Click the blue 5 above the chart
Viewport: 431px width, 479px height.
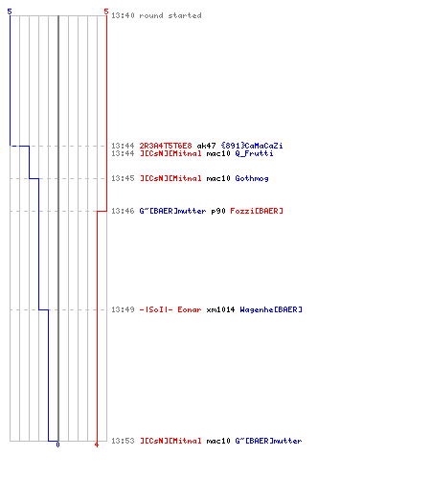pos(10,11)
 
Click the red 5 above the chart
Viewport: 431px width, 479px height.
pos(106,11)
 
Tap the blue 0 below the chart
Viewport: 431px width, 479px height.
pos(57,445)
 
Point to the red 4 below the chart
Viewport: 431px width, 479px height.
pos(97,445)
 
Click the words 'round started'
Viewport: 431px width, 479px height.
pos(170,15)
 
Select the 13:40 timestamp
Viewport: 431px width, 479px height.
pos(123,15)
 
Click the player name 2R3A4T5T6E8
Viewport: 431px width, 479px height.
pos(166,146)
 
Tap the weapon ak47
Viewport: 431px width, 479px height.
pos(206,146)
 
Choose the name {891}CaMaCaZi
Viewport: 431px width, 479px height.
pos(252,146)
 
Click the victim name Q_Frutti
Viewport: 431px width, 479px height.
pos(254,153)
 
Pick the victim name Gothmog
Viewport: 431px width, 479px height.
pos(252,178)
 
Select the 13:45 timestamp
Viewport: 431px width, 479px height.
pos(123,178)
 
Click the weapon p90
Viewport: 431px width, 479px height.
pos(218,211)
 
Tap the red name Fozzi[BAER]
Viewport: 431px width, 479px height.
pos(257,211)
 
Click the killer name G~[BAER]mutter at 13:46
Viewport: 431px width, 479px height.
pos(172,211)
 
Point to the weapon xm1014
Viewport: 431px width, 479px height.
pos(220,309)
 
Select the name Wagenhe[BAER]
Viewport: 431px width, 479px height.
pos(271,309)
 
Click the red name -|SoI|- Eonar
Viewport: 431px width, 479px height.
pos(170,309)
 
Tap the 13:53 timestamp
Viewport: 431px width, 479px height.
pos(123,441)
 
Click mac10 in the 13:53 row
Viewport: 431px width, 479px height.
pos(218,441)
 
